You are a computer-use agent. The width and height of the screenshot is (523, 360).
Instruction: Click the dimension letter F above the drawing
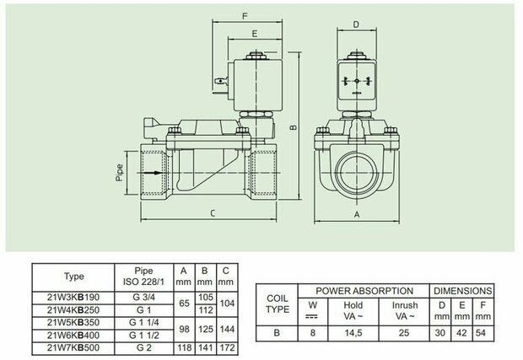[x=245, y=16]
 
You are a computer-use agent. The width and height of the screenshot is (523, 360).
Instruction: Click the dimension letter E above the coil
[x=255, y=34]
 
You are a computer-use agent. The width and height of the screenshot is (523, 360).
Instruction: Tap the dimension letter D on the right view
[x=356, y=24]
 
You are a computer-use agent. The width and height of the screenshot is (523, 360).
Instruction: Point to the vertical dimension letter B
[x=294, y=127]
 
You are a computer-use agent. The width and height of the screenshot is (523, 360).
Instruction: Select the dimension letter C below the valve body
[x=213, y=213]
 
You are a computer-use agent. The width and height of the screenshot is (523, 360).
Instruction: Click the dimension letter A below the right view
[x=357, y=215]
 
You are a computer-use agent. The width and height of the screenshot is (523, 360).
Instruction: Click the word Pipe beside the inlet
[x=119, y=173]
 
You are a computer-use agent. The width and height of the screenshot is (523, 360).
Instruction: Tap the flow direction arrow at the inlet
[x=150, y=173]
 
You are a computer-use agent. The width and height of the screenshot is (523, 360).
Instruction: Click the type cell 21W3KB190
[x=73, y=297]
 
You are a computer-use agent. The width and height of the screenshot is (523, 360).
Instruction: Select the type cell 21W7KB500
[x=73, y=347]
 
